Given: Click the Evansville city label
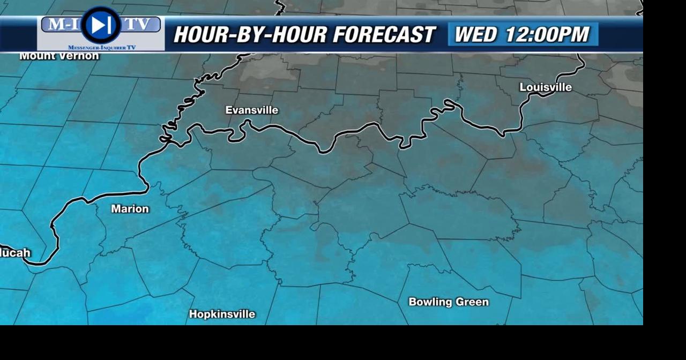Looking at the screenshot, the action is [x=251, y=110].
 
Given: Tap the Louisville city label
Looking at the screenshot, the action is [x=546, y=87].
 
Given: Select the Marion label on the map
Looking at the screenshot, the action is [x=130, y=209].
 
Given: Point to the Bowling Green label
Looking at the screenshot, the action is [x=449, y=302].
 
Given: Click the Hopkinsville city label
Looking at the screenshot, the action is [x=222, y=314].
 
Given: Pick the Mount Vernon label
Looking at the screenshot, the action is [x=59, y=56].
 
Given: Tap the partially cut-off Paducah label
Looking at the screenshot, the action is [x=15, y=253].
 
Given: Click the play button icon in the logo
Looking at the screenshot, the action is [x=101, y=25].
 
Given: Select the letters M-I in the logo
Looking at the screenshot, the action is [x=61, y=25].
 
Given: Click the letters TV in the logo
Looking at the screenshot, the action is [x=140, y=25].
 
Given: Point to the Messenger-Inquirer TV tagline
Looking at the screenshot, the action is [x=102, y=48].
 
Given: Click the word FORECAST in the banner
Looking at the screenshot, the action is [x=383, y=35].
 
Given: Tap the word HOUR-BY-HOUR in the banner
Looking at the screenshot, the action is [x=250, y=35].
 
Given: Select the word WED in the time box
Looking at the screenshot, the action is [x=476, y=35].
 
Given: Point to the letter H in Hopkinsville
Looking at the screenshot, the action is [x=193, y=314].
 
